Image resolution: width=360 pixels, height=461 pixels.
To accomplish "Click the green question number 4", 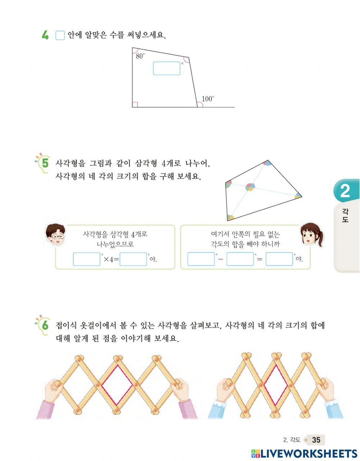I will click(45, 35).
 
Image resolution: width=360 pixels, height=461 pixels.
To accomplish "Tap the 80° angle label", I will click(140, 56).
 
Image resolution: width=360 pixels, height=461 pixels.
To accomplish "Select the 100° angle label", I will click(208, 99).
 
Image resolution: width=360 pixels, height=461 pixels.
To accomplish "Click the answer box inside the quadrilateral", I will click(166, 68).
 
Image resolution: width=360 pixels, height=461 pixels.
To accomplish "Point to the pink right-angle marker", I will click(135, 104).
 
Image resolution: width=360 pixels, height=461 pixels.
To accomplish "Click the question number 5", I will click(45, 163).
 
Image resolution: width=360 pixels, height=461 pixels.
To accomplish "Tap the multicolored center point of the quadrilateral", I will click(250, 187).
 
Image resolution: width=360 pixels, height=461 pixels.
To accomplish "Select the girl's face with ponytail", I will click(311, 235).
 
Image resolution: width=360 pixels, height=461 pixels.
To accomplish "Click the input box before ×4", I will click(86, 259).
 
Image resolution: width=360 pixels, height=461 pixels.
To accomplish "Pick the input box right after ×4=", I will click(133, 259).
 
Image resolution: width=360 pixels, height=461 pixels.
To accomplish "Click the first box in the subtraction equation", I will click(201, 259).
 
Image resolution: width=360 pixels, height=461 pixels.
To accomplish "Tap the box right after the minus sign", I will click(240, 259).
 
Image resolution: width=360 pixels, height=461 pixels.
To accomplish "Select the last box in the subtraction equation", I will click(279, 259).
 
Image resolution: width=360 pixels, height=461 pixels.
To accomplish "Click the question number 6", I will click(45, 325).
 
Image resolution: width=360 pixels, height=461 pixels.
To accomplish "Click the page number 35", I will click(316, 440).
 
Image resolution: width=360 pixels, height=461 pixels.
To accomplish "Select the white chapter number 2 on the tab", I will click(345, 191).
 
